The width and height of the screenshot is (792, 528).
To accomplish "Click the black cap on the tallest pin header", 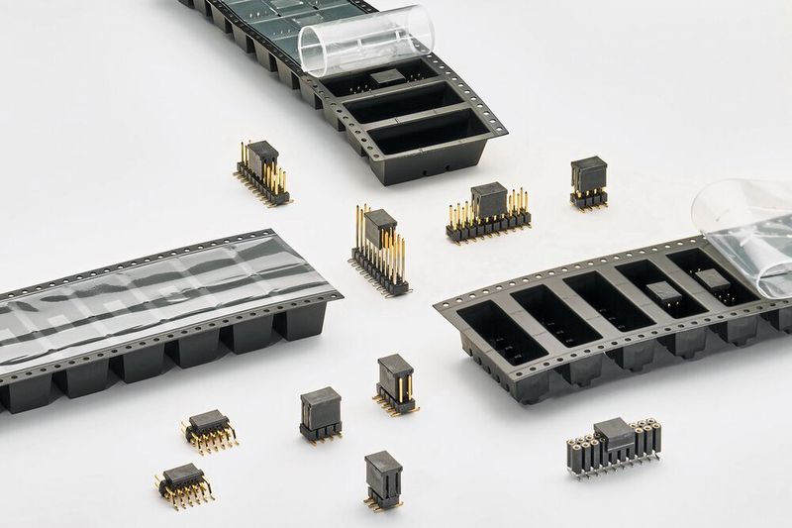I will pos(379,227).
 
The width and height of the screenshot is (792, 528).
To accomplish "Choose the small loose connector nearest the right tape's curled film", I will pos(588,183).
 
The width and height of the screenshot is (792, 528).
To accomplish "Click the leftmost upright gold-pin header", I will pos(262,172).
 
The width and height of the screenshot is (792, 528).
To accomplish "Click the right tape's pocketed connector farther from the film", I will pos(661,293).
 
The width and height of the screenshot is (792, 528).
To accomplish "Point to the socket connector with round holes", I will pos(614,447).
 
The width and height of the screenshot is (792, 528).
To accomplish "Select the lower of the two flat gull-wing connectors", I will pos(184,483).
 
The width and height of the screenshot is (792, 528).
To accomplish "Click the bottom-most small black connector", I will pos(382,479).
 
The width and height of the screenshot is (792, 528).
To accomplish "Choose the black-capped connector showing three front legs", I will pos(321,413).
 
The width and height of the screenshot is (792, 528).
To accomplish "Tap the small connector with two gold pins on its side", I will pos(395,384).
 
